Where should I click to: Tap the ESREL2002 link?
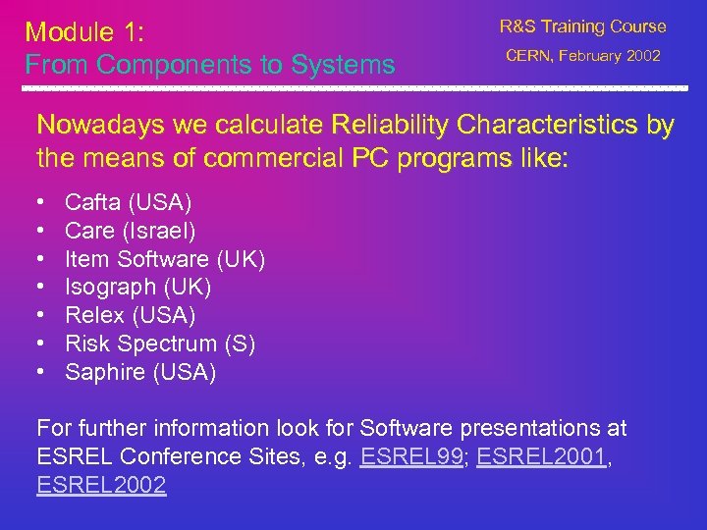[x=101, y=485]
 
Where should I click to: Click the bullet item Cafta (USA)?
[x=128, y=203]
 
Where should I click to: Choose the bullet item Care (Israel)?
[x=130, y=232]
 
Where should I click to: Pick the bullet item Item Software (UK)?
[x=165, y=259]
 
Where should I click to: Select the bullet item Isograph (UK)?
[x=137, y=288]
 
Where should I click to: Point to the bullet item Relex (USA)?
[x=130, y=316]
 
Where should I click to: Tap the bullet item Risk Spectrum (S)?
[x=160, y=344]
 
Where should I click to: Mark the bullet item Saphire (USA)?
[x=140, y=372]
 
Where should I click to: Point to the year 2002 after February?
[x=642, y=56]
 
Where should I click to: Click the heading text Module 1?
[x=85, y=32]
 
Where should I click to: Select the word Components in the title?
[x=182, y=66]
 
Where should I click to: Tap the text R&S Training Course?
[x=582, y=26]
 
